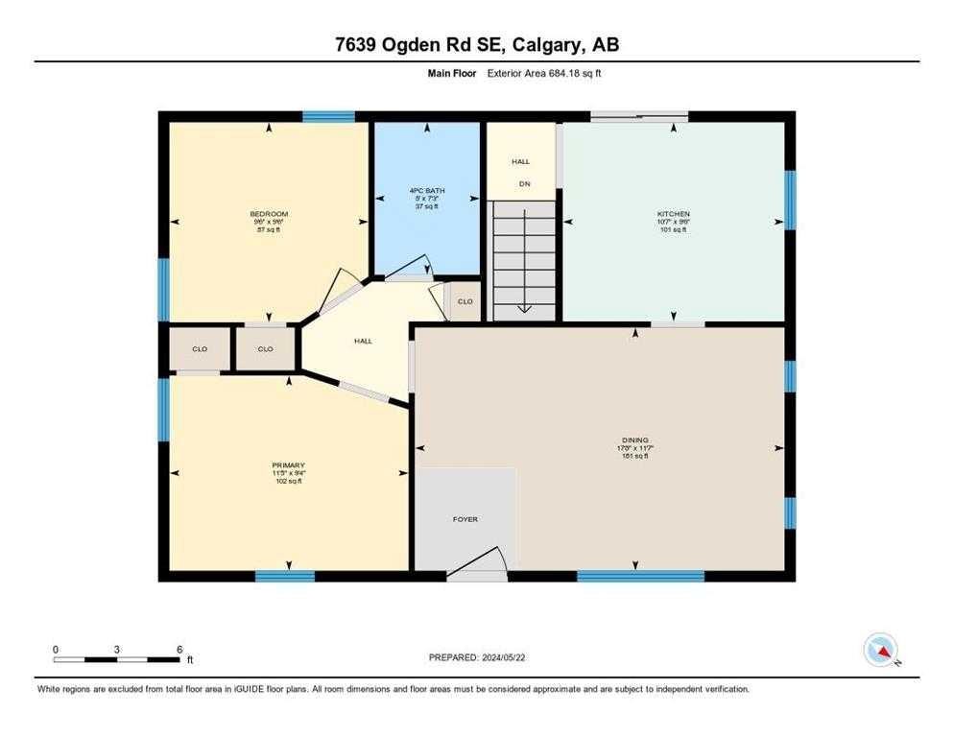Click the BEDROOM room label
pos(269,214)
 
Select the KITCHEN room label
pos(673,214)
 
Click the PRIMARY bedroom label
pos(288,466)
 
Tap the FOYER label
pos(465,519)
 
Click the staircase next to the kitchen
pos(523,259)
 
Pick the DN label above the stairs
pos(524,183)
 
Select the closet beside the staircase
pos(465,301)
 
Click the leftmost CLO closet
pos(200,348)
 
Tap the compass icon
pos(879,650)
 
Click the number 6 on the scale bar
pos(179,649)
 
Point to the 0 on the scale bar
pos(56,649)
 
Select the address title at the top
pos(477,45)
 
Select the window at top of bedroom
pos(328,117)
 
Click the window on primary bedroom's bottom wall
pos(285,576)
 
